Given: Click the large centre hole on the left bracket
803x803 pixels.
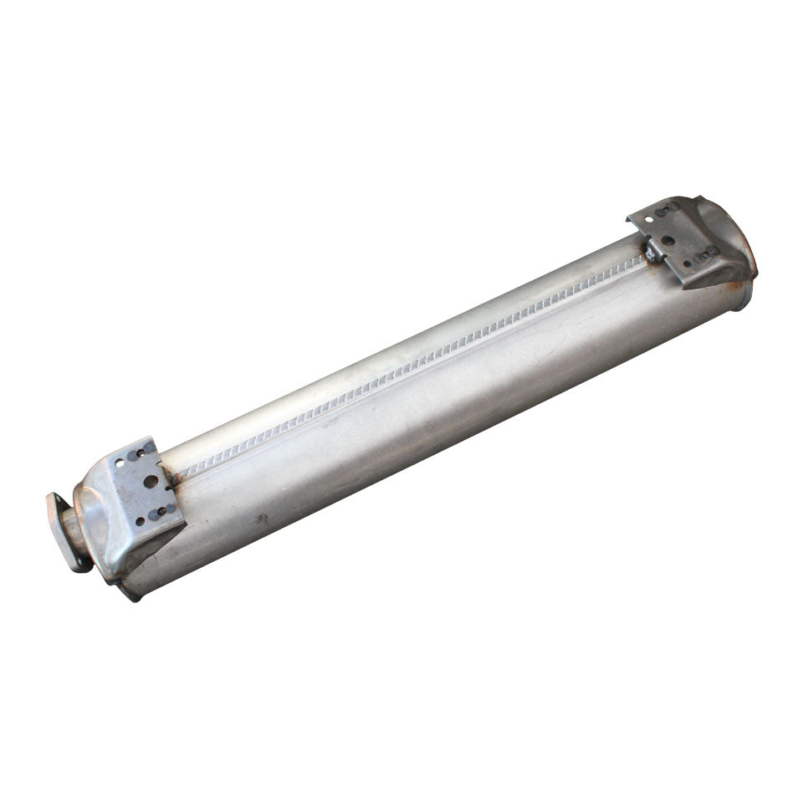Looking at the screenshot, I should [151, 482].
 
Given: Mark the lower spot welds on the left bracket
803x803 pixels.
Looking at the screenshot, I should [163, 509].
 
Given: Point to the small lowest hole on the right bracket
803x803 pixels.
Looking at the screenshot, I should [688, 263].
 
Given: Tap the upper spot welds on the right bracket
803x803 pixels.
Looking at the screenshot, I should [667, 210].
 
